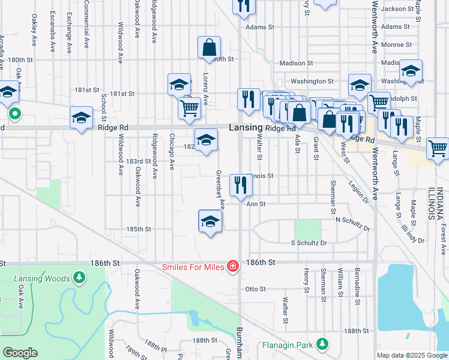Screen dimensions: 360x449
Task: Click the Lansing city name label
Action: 246,128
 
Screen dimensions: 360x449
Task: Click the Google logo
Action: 20,353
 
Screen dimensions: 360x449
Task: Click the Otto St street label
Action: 256,289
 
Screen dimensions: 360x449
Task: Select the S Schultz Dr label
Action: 309,243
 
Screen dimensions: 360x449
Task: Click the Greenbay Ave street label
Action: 221,188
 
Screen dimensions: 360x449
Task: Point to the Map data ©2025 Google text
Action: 411,355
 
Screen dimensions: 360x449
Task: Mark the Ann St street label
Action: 256,204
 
